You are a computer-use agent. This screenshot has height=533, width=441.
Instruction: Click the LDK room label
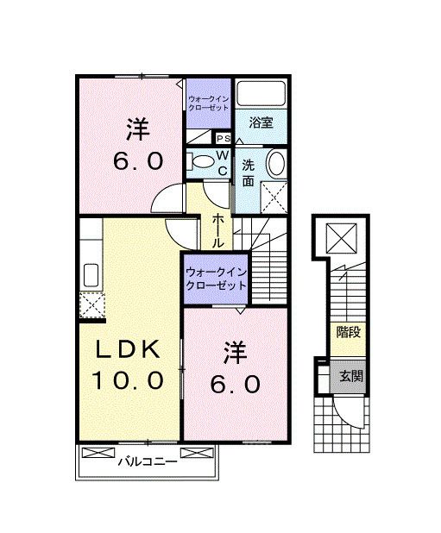tap(128, 350)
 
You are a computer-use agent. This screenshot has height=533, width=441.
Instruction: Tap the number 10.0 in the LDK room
tap(129, 380)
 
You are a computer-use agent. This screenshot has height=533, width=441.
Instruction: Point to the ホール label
tap(219, 231)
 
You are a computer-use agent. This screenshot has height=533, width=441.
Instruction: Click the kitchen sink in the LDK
tap(89, 277)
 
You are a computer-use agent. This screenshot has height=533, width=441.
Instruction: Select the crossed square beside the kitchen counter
tap(90, 304)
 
